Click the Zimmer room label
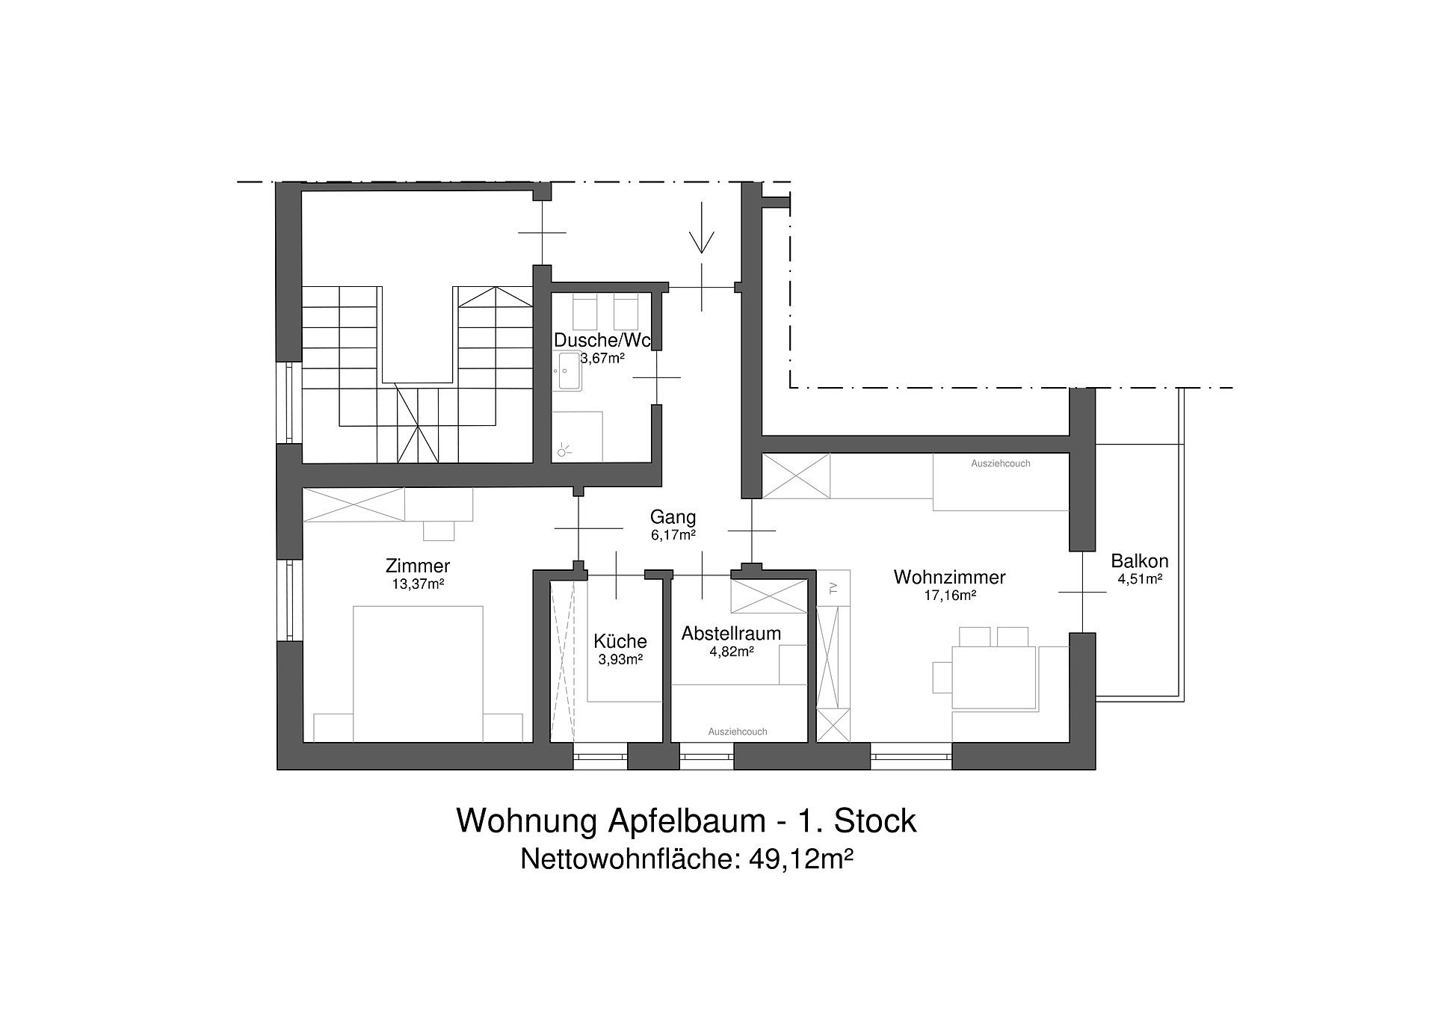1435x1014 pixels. [x=418, y=566]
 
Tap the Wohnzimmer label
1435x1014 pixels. [x=949, y=577]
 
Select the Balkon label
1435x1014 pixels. [x=1140, y=561]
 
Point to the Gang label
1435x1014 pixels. [x=673, y=517]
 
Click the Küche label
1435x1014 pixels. [x=620, y=641]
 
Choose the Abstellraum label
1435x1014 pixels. [x=731, y=634]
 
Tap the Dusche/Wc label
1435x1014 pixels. [x=602, y=341]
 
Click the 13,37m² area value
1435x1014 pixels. [x=418, y=584]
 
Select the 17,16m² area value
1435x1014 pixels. [x=950, y=596]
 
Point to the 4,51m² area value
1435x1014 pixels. [x=1140, y=578]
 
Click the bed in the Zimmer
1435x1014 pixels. [x=418, y=673]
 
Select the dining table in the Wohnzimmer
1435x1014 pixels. [x=993, y=677]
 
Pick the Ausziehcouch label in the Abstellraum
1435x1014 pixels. [x=738, y=732]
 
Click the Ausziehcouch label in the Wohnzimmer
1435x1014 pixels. [x=1001, y=463]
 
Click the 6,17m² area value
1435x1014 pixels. [x=673, y=535]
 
